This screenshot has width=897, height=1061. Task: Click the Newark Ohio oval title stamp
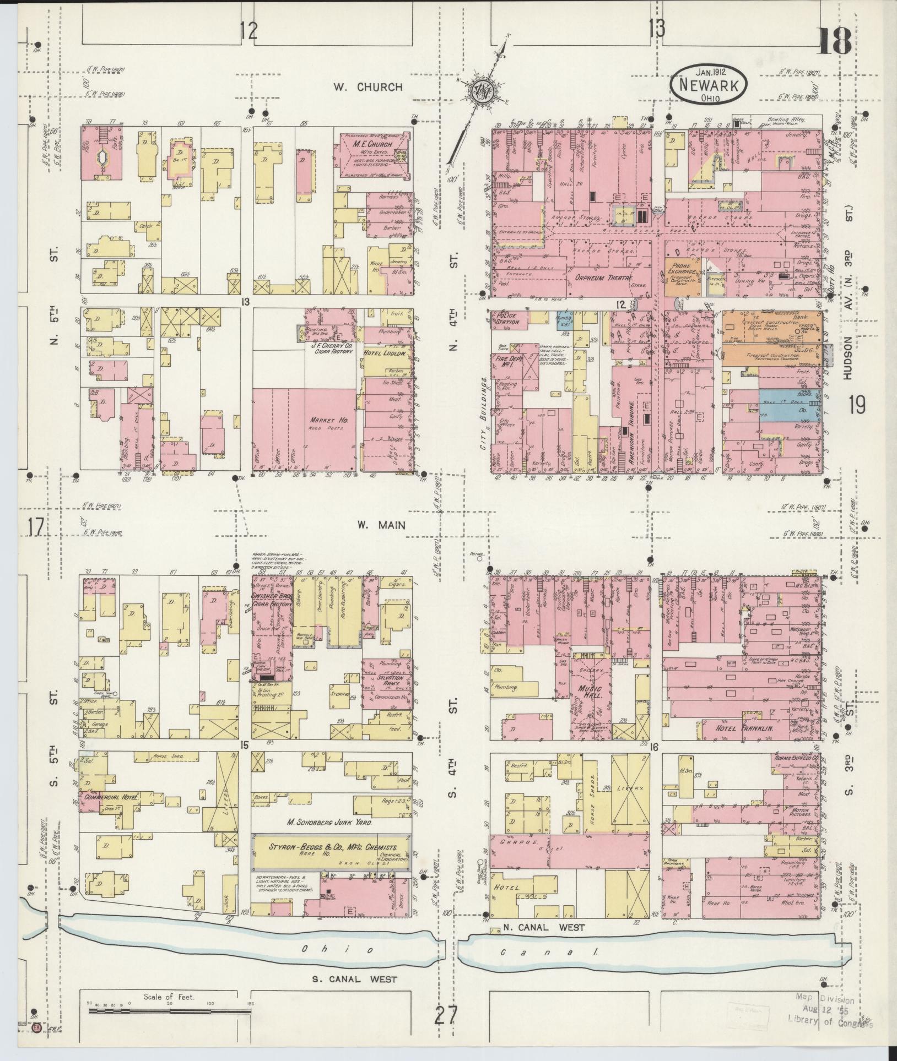pyautogui.click(x=709, y=83)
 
